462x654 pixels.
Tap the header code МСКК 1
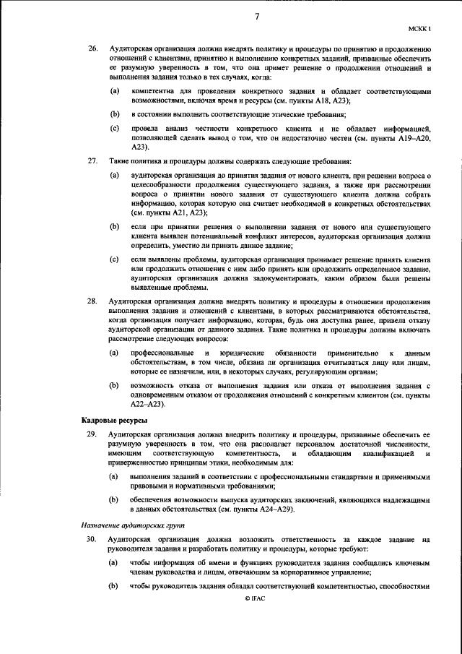[x=419, y=29]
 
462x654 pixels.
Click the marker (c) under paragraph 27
[x=114, y=258]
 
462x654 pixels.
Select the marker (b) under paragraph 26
[x=114, y=115]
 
